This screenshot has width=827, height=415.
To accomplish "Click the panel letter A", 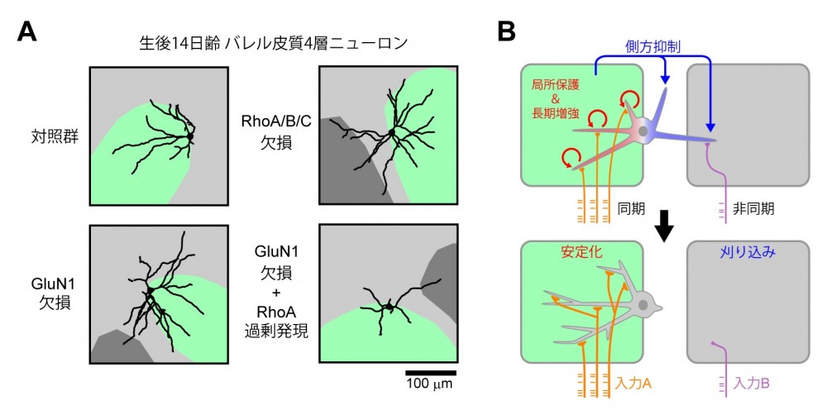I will point(26,32).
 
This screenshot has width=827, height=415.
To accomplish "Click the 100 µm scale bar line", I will point(430,372).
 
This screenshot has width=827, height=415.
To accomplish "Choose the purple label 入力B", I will point(752,384).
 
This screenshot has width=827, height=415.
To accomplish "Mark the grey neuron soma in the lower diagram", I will point(642,308).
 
